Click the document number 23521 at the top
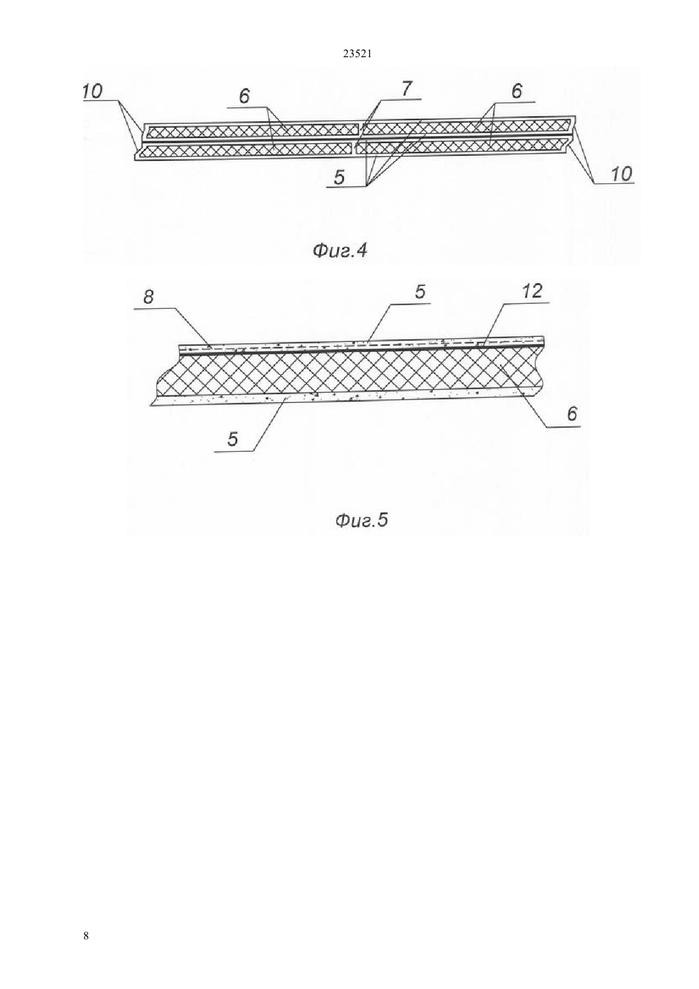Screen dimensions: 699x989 pyautogui.click(x=357, y=54)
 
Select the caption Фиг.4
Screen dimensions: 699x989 pyautogui.click(x=340, y=251)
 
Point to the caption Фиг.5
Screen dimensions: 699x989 pyautogui.click(x=362, y=521)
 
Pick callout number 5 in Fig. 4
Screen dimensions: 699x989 pyautogui.click(x=339, y=177)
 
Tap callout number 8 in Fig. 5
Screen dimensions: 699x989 pyautogui.click(x=148, y=297)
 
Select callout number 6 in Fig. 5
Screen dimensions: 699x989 pyautogui.click(x=572, y=414)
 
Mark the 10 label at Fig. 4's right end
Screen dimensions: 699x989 pyautogui.click(x=621, y=174)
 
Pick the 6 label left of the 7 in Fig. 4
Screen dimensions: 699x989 pyautogui.click(x=244, y=96)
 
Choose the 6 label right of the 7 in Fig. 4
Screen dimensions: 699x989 pyautogui.click(x=516, y=91)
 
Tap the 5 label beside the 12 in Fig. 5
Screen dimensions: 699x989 pyautogui.click(x=419, y=292)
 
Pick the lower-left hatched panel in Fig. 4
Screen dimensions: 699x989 pyautogui.click(x=245, y=151)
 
